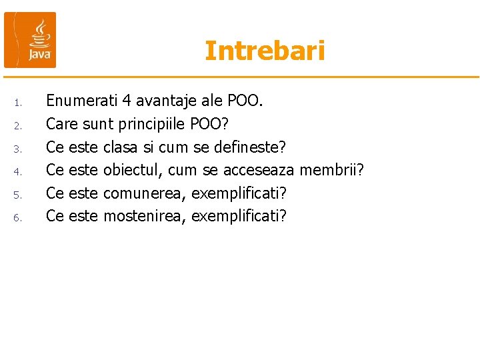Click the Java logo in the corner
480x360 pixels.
(x=30, y=40)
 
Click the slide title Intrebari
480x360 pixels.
(x=265, y=51)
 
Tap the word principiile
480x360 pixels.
(x=152, y=125)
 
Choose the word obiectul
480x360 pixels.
(x=133, y=171)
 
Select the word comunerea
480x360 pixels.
(x=145, y=193)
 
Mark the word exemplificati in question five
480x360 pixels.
(x=239, y=193)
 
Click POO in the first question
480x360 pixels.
(x=245, y=101)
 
